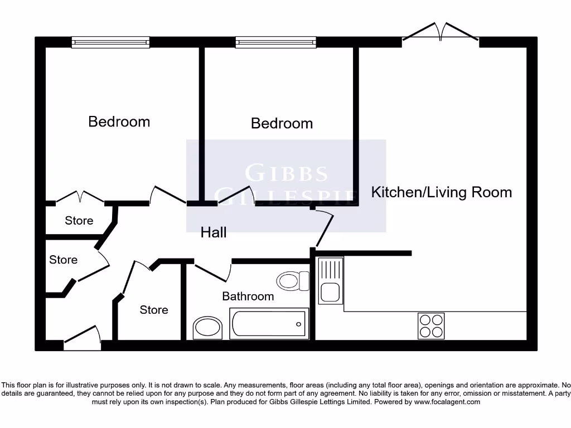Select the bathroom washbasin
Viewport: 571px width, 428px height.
(x=207, y=328)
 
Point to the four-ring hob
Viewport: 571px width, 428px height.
(x=431, y=325)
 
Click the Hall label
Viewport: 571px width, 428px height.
(x=214, y=232)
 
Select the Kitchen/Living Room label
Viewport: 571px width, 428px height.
(x=441, y=192)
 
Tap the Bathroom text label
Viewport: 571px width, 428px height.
(x=248, y=296)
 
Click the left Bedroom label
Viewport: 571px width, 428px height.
(x=119, y=121)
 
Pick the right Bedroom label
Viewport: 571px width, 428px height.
(x=282, y=123)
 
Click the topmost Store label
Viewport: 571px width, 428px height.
(x=79, y=221)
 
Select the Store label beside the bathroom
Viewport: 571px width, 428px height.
(x=153, y=310)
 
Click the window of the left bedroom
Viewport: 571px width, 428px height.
(x=110, y=42)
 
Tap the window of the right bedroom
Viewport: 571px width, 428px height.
(x=275, y=42)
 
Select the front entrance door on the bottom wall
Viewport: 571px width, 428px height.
(x=83, y=341)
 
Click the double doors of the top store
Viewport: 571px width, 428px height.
(x=80, y=197)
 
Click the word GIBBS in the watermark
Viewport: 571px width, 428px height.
(x=286, y=173)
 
